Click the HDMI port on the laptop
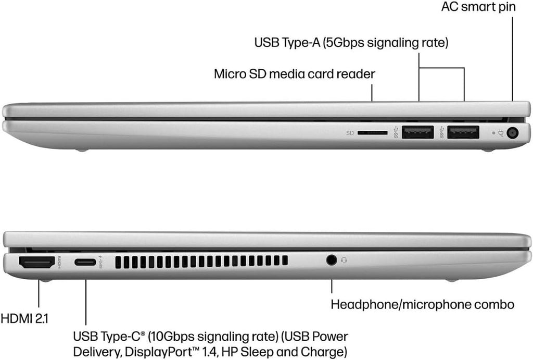pyautogui.click(x=37, y=263)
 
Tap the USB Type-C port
pyautogui.click(x=85, y=262)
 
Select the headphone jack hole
pyautogui.click(x=332, y=260)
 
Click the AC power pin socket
pyautogui.click(x=513, y=133)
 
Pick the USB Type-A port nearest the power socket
pyautogui.click(x=463, y=132)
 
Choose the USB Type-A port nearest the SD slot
pyautogui.click(x=417, y=132)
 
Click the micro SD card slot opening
pyautogui.click(x=373, y=133)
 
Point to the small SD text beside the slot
pyautogui.click(x=350, y=133)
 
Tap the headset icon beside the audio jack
pyautogui.click(x=344, y=260)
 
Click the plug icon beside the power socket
pyautogui.click(x=501, y=133)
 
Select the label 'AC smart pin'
pyautogui.click(x=478, y=7)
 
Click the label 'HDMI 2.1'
pyautogui.click(x=24, y=319)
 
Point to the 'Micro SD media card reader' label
pyautogui.click(x=295, y=74)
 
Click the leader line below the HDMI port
pyautogui.click(x=39, y=294)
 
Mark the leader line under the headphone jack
pyautogui.click(x=332, y=286)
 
